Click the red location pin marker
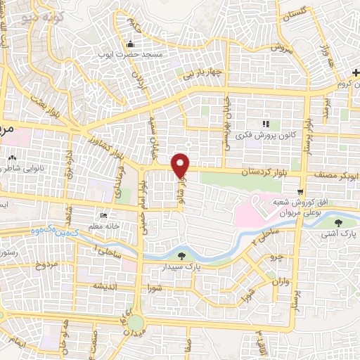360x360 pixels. [x=181, y=165]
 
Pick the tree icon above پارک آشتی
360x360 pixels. [x=340, y=222]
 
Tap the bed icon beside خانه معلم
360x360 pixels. [x=104, y=215]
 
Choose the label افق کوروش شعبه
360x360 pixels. [x=289, y=202]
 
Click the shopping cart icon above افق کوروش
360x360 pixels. [x=300, y=191]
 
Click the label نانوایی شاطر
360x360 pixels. [x=19, y=167]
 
